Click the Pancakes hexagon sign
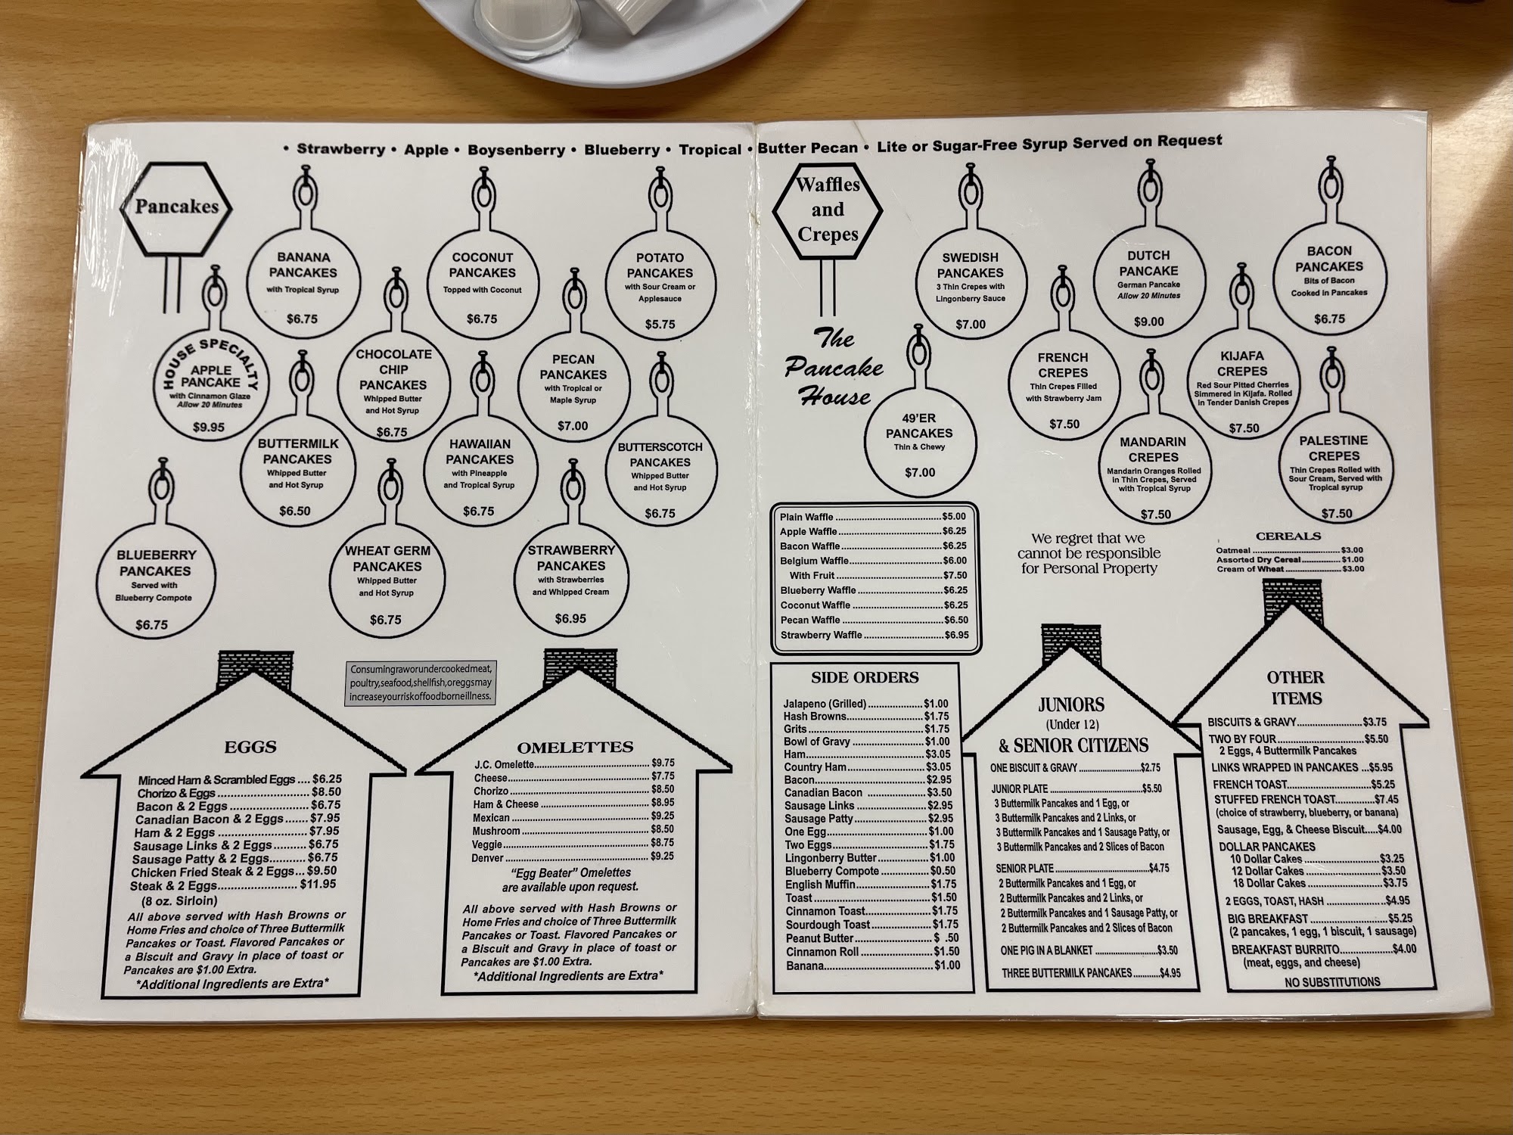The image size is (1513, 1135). pos(176,207)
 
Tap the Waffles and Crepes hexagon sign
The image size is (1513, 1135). pos(828,209)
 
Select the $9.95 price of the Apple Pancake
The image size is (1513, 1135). pos(209,427)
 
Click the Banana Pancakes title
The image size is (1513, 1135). pos(303,265)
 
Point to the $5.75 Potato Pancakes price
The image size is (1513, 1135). pos(660,324)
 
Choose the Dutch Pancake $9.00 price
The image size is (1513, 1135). pos(1148,322)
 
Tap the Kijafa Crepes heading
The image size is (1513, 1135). pos(1241,363)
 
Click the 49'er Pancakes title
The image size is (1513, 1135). pos(919,425)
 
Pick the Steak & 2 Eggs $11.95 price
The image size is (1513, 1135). pos(318,884)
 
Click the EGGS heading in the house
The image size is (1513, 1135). pos(250,747)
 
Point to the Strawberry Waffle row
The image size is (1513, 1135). pos(874,635)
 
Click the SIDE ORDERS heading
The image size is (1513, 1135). pos(865,677)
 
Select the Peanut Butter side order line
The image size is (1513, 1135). pos(870,938)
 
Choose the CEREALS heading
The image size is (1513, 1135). pos(1288,536)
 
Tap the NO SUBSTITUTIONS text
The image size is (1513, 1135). pos(1332,982)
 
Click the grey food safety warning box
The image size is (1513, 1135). pos(421,683)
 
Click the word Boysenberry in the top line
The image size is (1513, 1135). pos(516,150)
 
